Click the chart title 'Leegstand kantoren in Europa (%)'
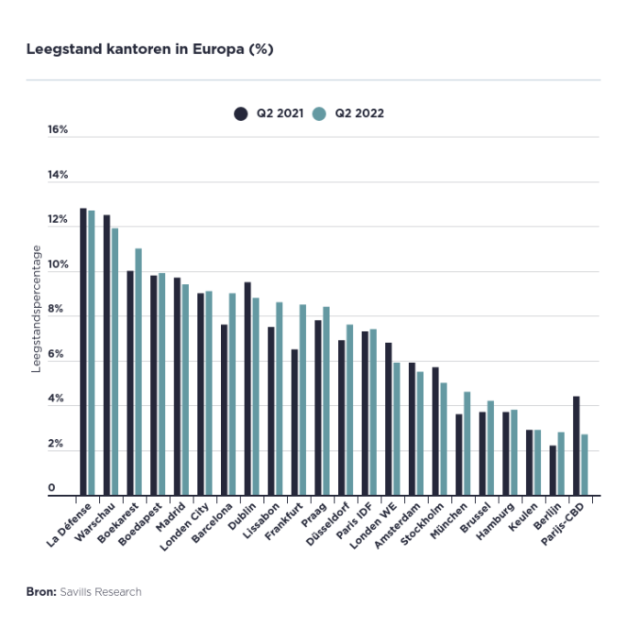point(150,49)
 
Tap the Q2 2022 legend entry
point(348,114)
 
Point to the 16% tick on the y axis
point(58,129)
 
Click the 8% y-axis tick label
point(58,309)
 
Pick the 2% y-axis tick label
point(58,444)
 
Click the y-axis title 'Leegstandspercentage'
point(38,309)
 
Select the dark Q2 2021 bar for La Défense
point(83,352)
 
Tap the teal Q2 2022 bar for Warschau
point(115,362)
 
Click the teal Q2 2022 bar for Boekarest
point(138,372)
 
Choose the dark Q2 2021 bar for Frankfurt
point(295,423)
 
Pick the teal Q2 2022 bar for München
point(467,444)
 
